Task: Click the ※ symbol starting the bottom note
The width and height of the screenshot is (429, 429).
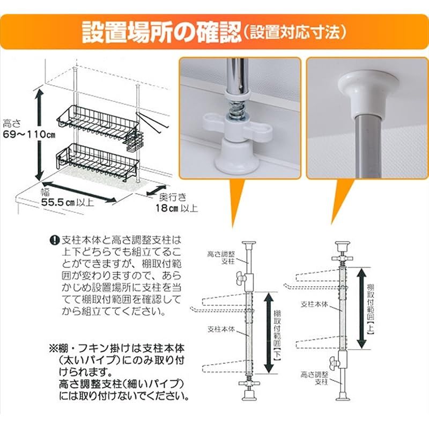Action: pyautogui.click(x=53, y=347)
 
